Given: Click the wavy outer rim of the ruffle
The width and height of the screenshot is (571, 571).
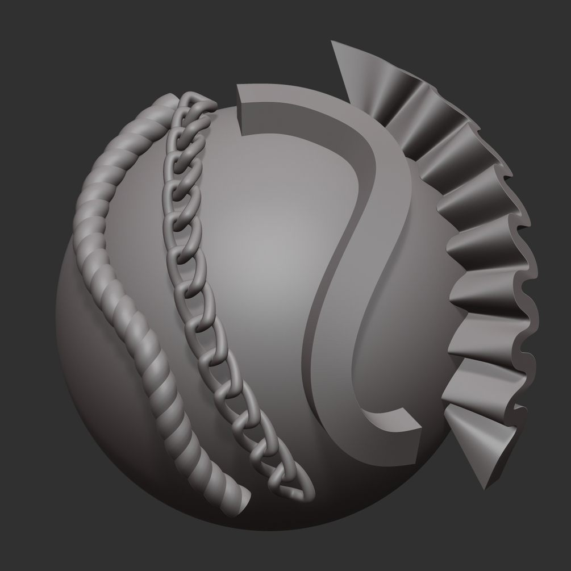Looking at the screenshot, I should [x=528, y=273].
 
